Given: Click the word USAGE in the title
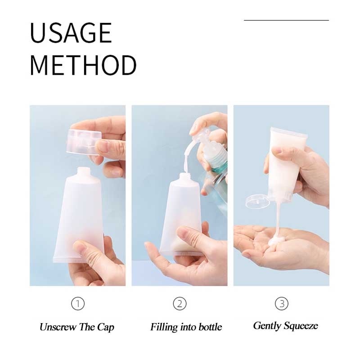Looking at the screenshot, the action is tap(71, 32).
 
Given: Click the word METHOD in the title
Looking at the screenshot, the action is tap(83, 65).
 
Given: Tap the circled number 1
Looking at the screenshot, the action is tap(78, 303).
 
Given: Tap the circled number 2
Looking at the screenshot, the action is tap(180, 303).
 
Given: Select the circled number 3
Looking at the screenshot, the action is tap(282, 303).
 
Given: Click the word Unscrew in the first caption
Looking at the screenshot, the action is tap(58, 327).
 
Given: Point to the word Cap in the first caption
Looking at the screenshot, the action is tap(105, 327).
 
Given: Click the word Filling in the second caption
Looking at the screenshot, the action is tap(164, 327).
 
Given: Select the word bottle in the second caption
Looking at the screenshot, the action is tap(210, 327).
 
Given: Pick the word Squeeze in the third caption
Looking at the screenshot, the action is tap(300, 326).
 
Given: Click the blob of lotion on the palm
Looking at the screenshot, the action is tap(277, 242).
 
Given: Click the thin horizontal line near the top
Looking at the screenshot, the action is tap(286, 20).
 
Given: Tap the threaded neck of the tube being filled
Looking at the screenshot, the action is tap(185, 177).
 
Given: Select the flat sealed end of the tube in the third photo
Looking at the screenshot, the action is tap(289, 132).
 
